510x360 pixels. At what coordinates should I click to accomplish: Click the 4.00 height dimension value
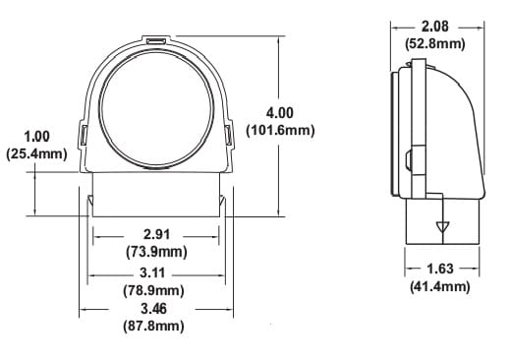(280, 114)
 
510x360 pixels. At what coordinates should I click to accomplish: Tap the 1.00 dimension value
(36, 136)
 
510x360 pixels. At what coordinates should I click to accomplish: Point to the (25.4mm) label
(36, 152)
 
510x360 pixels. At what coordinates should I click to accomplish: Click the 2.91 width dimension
(153, 235)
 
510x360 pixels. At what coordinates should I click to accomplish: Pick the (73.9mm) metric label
(153, 252)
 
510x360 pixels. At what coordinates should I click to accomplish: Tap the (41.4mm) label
(439, 286)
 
